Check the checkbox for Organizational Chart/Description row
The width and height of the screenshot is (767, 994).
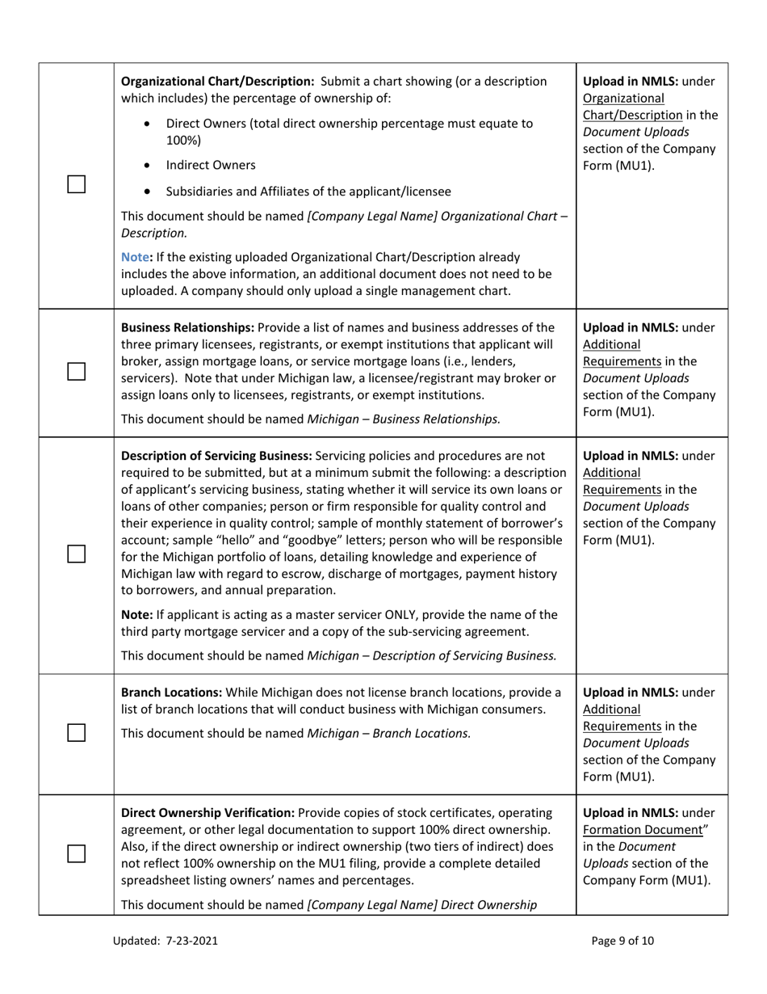76,185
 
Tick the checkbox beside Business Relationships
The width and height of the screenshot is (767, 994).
76,372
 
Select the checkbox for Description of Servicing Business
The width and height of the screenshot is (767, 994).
76,554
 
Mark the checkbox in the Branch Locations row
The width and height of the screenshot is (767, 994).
76,733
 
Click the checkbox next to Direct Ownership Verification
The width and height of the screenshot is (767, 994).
76,854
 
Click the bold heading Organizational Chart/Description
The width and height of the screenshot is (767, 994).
217,82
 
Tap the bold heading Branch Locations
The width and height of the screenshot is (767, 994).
171,693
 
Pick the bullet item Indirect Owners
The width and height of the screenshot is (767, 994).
210,165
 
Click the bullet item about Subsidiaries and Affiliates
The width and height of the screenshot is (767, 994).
308,192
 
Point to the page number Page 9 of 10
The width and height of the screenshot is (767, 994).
622,941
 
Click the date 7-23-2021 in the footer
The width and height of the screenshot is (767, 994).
192,941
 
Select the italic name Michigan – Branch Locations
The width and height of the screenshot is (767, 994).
389,734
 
